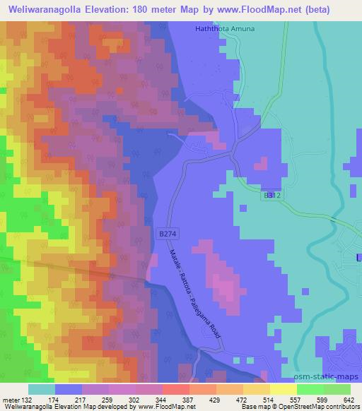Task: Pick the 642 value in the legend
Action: click(x=339, y=399)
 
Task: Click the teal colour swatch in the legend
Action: click(x=41, y=389)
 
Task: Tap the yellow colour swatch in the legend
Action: click(x=283, y=389)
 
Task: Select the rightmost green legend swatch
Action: click(x=337, y=389)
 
